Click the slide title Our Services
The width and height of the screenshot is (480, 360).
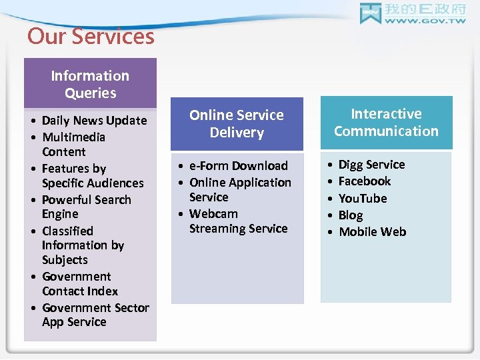pyautogui.click(x=91, y=36)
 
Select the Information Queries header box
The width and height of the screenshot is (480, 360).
pyautogui.click(x=90, y=84)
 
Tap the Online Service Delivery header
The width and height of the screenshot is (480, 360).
pyautogui.click(x=237, y=123)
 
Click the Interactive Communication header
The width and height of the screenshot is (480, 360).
pyautogui.click(x=386, y=122)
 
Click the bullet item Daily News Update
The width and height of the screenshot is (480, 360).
pyautogui.click(x=94, y=121)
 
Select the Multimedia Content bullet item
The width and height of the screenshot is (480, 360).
pyautogui.click(x=73, y=144)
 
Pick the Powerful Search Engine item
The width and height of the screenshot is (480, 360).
pyautogui.click(x=86, y=207)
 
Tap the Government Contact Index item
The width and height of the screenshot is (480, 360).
pyautogui.click(x=79, y=284)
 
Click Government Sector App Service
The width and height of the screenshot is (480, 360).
pyautogui.click(x=95, y=315)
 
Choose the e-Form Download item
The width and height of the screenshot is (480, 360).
pyautogui.click(x=238, y=166)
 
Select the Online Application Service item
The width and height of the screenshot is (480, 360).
pyautogui.click(x=239, y=189)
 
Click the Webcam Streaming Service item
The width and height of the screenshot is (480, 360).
pyautogui.click(x=238, y=221)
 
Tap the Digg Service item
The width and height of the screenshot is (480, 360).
pyautogui.click(x=371, y=165)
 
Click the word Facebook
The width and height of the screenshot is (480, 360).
pyautogui.click(x=365, y=181)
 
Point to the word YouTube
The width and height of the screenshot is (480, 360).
pyautogui.click(x=363, y=199)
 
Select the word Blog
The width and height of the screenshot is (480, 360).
pyautogui.click(x=351, y=215)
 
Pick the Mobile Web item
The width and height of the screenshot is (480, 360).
pyautogui.click(x=372, y=232)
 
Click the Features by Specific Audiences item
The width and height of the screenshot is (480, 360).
pyautogui.click(x=92, y=176)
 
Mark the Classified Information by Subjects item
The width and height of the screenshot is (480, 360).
pyautogui.click(x=83, y=245)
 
